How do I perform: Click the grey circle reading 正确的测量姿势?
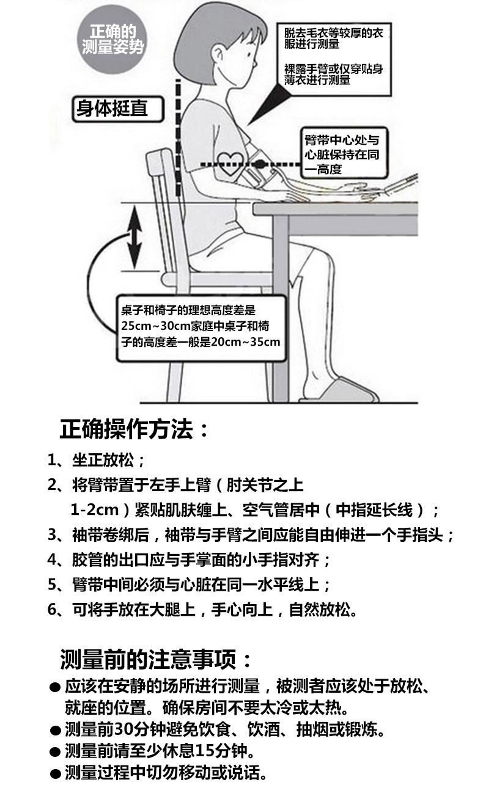click(113, 40)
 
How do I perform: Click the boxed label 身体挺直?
click(111, 109)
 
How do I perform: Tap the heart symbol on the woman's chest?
click(230, 162)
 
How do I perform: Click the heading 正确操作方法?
click(135, 429)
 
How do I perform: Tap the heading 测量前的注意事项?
click(156, 660)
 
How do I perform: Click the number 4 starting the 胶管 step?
click(53, 560)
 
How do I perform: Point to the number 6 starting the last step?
click(53, 610)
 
